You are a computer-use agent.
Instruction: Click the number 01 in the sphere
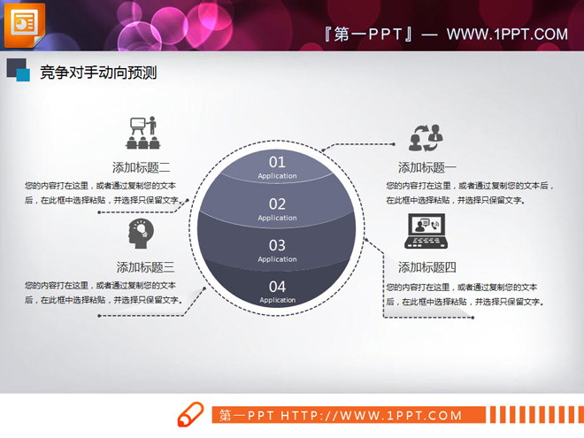point(277,162)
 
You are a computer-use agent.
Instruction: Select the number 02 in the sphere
point(277,204)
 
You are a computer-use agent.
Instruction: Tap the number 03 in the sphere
point(277,245)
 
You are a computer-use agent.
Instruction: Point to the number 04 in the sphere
point(277,286)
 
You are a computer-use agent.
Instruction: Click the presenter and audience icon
point(142,133)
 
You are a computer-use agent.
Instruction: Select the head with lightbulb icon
point(141,233)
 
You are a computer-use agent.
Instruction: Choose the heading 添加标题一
point(427,168)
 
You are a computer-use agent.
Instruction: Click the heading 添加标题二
point(142,167)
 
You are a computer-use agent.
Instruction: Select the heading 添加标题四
point(427,267)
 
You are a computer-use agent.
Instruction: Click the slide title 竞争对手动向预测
point(98,73)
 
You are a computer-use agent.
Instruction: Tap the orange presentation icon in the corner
point(25,24)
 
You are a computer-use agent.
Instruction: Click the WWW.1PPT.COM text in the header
point(507,35)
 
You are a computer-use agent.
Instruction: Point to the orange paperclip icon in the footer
point(191,415)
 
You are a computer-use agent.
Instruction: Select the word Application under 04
point(277,300)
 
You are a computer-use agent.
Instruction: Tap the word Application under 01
point(277,176)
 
